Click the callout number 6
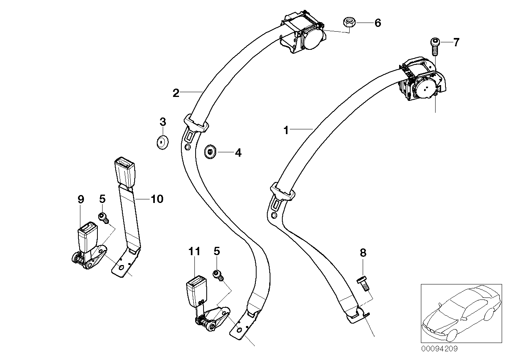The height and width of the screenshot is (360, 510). [377, 23]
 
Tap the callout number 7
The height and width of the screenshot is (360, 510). [456, 42]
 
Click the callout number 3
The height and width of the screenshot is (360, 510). [163, 122]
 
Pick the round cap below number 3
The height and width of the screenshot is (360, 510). [162, 142]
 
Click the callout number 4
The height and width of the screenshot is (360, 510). [238, 152]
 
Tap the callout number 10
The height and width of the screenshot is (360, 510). [157, 199]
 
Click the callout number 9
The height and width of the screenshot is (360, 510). [81, 199]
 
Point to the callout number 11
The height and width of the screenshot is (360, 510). [194, 251]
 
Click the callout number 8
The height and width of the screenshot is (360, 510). [363, 253]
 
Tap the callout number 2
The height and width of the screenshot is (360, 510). [176, 93]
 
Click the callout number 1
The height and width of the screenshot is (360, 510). [286, 130]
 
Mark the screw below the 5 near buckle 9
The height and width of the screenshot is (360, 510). [103, 217]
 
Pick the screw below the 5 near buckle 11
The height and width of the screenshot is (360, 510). [217, 274]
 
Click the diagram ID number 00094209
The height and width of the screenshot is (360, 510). [439, 349]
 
